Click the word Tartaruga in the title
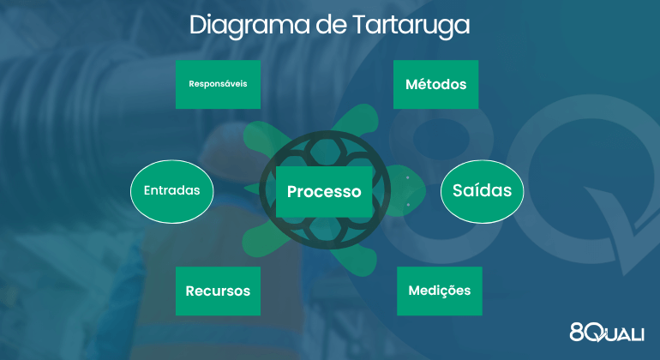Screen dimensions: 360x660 411,25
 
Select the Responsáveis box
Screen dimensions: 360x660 218,85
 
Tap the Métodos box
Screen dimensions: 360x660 435,85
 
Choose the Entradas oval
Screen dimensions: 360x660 171,191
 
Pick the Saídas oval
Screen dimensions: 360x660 482,191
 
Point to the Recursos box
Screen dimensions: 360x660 218,291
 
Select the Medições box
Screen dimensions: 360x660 439,291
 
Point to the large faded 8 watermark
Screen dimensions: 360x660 446,137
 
